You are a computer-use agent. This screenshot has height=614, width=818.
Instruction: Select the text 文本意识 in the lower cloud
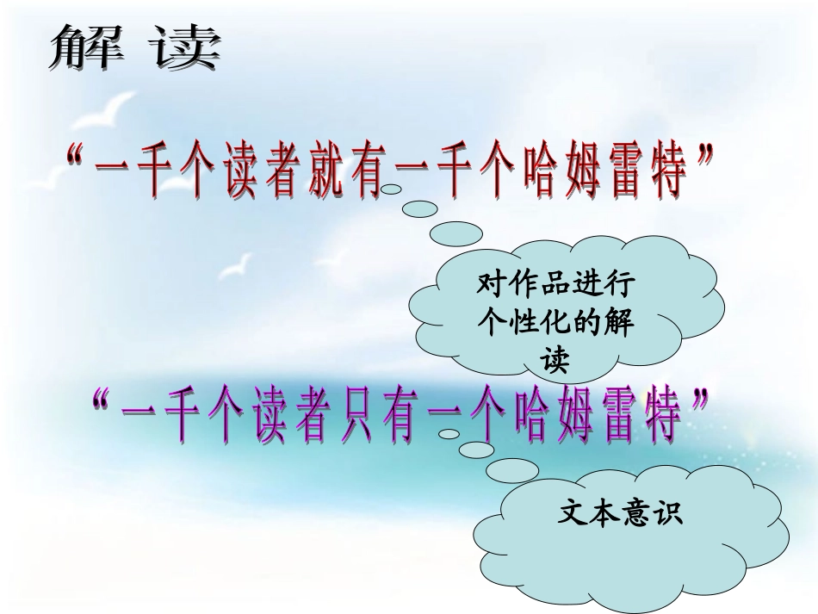click(620, 515)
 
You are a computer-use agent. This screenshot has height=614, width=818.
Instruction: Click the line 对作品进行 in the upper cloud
click(555, 282)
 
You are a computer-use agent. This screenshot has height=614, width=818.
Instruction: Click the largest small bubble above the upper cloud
click(455, 233)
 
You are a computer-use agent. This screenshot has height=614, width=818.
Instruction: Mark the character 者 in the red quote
click(278, 173)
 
